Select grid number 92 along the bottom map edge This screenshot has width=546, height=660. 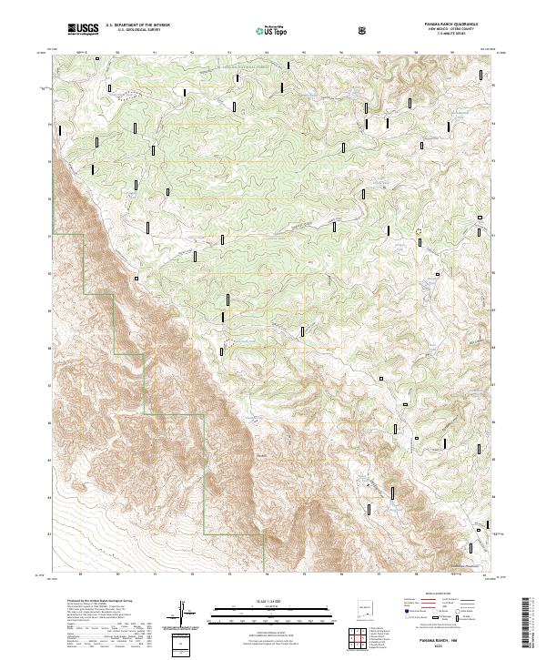(192, 575)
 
